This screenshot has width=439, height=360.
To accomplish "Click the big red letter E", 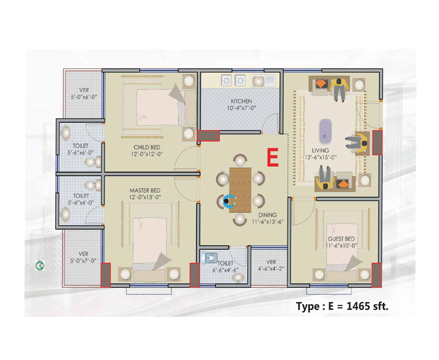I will [272, 158].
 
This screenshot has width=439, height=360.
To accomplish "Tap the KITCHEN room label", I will [241, 101].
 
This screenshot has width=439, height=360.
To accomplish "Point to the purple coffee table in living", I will [325, 130].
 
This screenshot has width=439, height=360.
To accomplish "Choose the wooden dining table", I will [240, 190].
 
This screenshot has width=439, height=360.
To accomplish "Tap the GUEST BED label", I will [341, 239].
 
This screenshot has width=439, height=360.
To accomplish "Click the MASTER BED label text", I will [145, 190].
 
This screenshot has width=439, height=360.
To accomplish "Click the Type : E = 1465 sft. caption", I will [342, 306].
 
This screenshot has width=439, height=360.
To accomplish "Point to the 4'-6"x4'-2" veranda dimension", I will [271, 268].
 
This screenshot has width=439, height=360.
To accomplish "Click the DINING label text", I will [267, 215].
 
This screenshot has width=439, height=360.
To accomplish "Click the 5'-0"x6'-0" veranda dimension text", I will [83, 97].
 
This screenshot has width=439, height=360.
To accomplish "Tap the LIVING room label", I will [320, 150].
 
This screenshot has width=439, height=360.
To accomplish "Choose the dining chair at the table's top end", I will [240, 161].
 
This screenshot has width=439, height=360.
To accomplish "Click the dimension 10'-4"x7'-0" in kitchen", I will [241, 108].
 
